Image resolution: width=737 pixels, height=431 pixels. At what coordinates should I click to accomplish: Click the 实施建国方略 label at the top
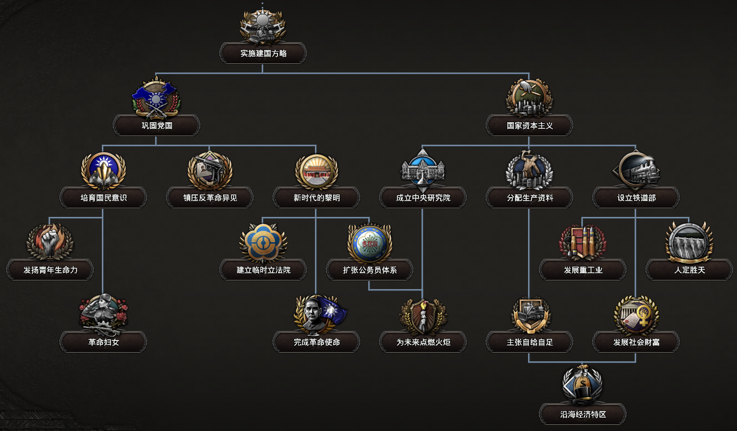263,54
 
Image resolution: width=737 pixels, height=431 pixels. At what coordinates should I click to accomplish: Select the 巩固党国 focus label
157,126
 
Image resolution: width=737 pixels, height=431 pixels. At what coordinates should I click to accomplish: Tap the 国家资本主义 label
529,126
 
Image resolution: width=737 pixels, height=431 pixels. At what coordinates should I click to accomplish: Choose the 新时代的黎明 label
316,198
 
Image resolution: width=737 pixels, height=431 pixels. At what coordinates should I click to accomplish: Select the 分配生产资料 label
529,198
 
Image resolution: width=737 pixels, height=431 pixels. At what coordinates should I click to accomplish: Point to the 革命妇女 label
103,342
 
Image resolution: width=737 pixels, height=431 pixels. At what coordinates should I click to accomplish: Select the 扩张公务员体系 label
370,270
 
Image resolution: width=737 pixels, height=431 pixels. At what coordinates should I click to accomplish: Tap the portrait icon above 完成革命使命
316,314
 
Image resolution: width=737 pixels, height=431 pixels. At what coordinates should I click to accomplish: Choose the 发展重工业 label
583,270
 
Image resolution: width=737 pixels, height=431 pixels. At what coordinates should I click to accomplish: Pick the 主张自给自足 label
529,342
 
